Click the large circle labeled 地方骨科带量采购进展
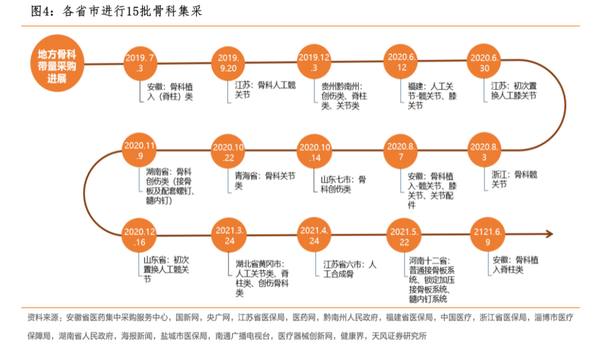click(x=57, y=64)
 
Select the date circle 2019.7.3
click(x=140, y=64)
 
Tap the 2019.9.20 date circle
click(x=229, y=63)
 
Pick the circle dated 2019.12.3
click(x=314, y=63)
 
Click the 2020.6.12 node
click(x=401, y=62)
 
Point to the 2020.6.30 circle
click(x=484, y=62)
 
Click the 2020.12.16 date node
click(x=140, y=236)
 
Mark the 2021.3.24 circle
click(x=229, y=235)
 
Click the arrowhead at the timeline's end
click(x=550, y=234)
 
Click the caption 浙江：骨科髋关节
click(x=514, y=179)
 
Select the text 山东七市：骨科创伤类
click(x=343, y=184)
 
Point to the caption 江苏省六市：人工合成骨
click(x=349, y=269)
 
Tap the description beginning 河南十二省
click(x=432, y=280)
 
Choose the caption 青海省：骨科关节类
click(x=265, y=181)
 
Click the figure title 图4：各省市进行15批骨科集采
click(x=117, y=11)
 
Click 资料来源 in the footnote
click(x=42, y=318)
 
